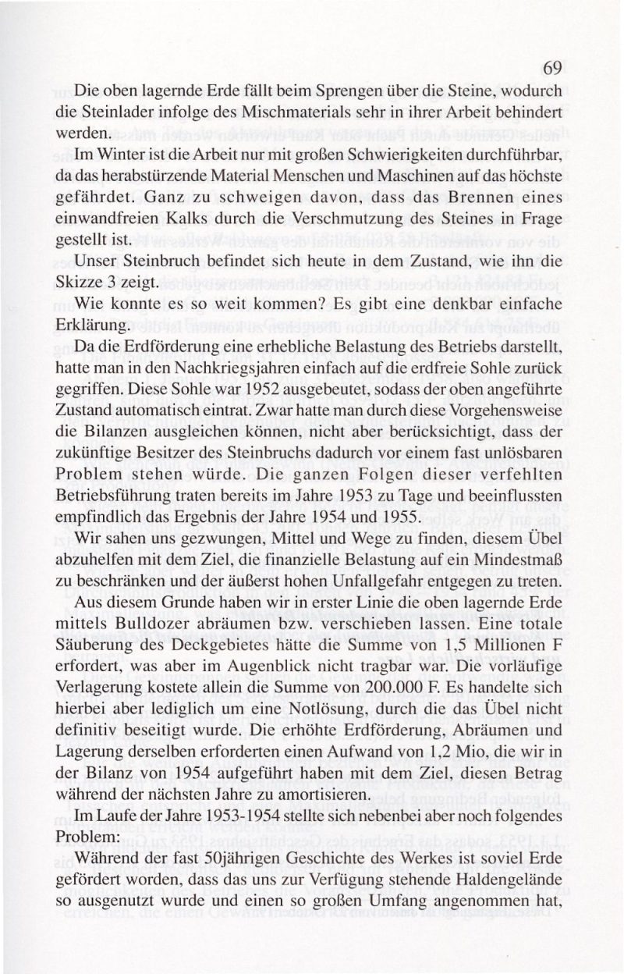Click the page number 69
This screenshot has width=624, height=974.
(x=552, y=67)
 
